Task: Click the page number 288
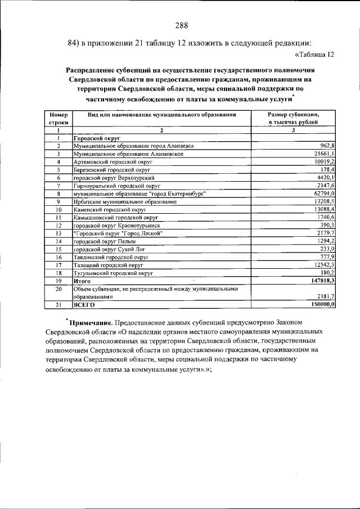(181, 25)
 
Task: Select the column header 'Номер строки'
(58, 118)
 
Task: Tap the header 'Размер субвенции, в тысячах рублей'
(293, 118)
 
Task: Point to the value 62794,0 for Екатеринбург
(323, 193)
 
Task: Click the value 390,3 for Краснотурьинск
(326, 224)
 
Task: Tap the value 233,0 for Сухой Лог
(327, 248)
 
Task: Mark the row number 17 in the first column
(58, 264)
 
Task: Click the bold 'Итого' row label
(82, 280)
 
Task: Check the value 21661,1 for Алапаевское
(323, 154)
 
